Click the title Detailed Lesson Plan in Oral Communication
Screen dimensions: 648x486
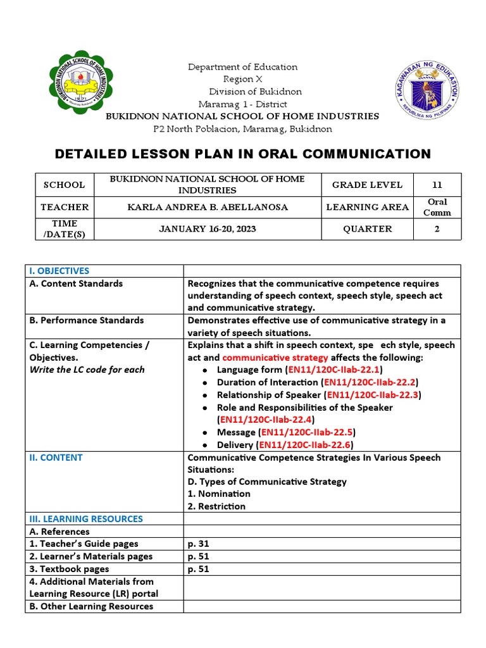coord(243,154)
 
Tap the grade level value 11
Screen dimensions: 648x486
coord(437,185)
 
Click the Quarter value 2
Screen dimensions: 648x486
coord(437,229)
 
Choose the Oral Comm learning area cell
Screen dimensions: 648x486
coord(437,207)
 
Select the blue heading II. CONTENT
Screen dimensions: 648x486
coord(56,458)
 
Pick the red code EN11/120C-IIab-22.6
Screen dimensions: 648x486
coord(308,445)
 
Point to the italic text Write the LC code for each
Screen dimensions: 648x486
coord(87,370)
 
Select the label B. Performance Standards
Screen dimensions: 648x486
coord(87,320)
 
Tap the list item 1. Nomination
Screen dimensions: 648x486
coord(219,494)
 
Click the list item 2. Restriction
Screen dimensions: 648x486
coord(216,506)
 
